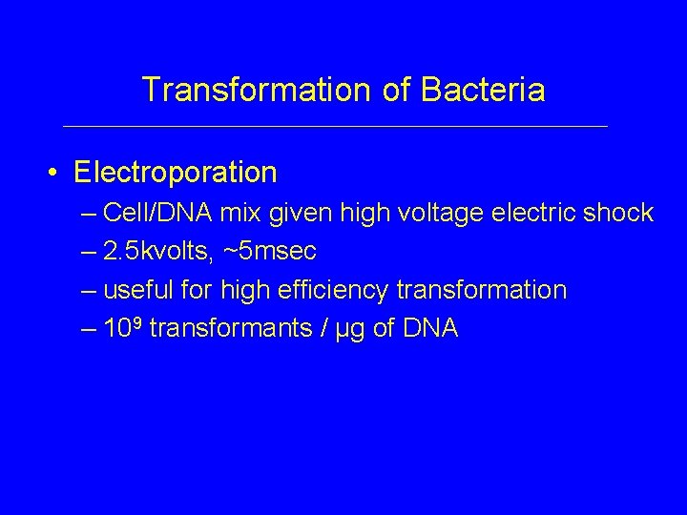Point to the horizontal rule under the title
(334, 126)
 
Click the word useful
(136, 290)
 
